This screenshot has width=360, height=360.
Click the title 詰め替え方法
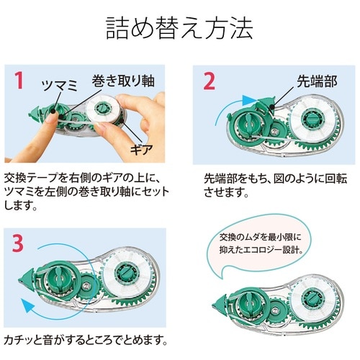click(x=180, y=30)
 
